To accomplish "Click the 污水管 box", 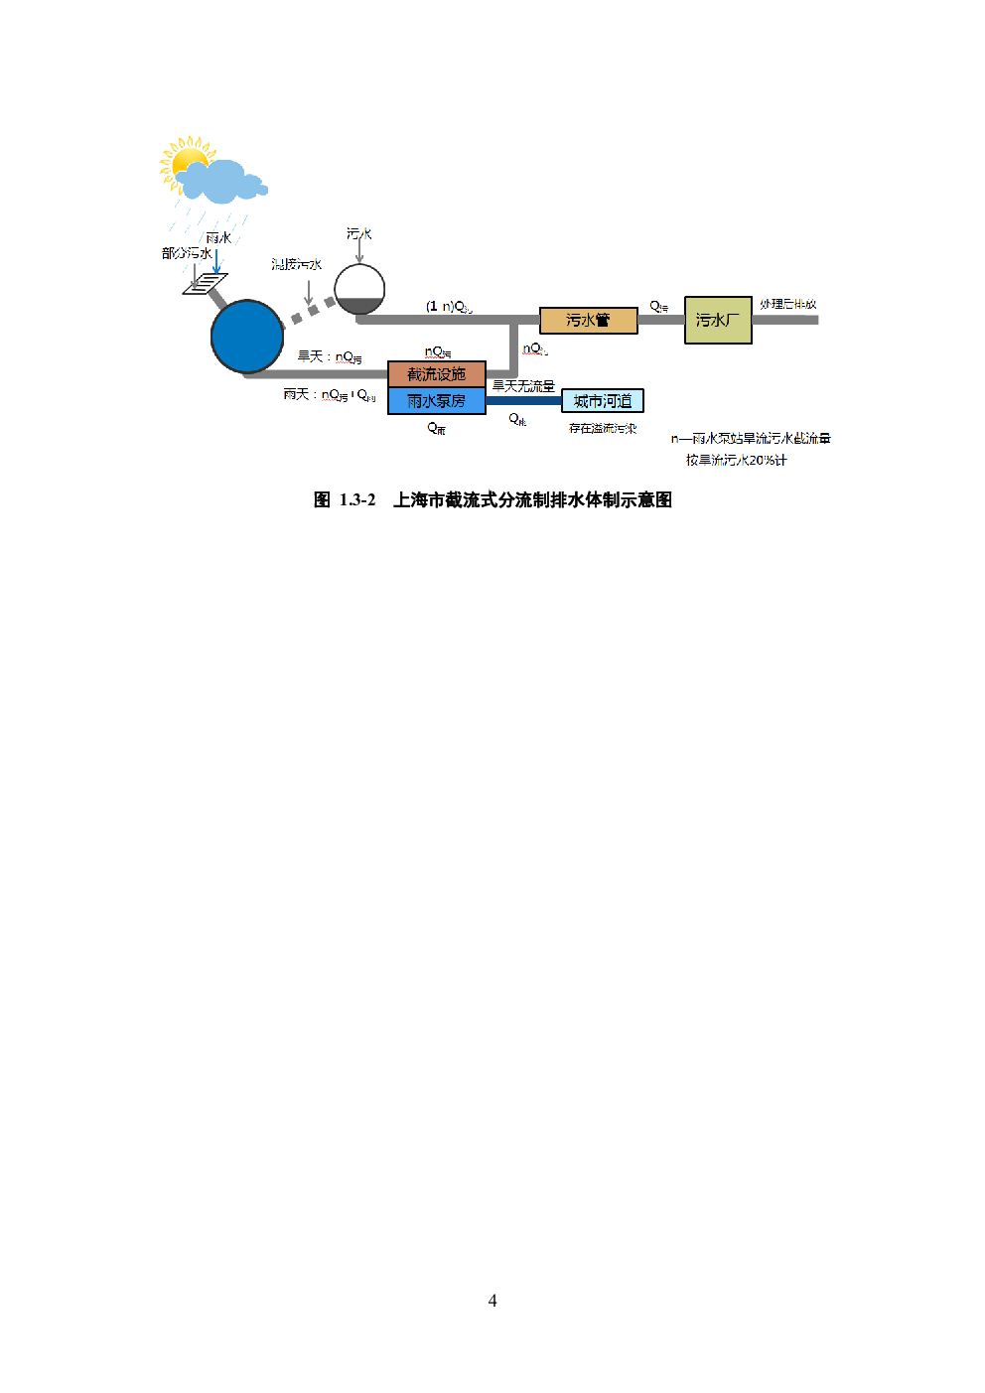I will tap(588, 321).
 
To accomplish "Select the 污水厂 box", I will tap(718, 320).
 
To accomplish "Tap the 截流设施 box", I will tap(436, 374).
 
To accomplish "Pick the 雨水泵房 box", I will tap(436, 401).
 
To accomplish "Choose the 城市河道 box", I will tap(603, 401).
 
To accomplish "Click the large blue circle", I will tap(247, 337).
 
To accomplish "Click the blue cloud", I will tap(223, 181).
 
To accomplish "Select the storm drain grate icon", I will tap(206, 284).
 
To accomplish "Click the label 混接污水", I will tap(296, 265).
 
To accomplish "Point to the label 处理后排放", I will tap(788, 304).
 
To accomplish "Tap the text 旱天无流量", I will tap(523, 386).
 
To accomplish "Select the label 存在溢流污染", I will tap(603, 429).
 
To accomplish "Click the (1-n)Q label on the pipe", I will tap(449, 307).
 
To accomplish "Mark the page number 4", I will tap(492, 1301).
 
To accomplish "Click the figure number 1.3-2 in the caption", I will tap(357, 500).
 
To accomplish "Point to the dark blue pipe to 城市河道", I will tap(523, 401).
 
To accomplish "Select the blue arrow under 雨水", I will tap(216, 262).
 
